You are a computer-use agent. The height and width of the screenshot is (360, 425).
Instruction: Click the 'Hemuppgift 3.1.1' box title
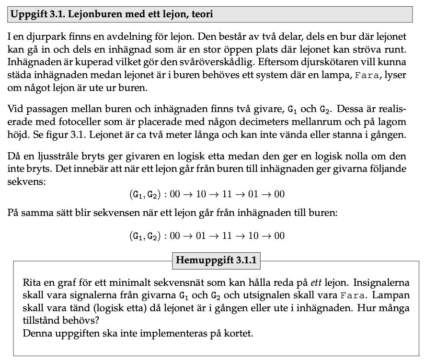click(217, 260)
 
